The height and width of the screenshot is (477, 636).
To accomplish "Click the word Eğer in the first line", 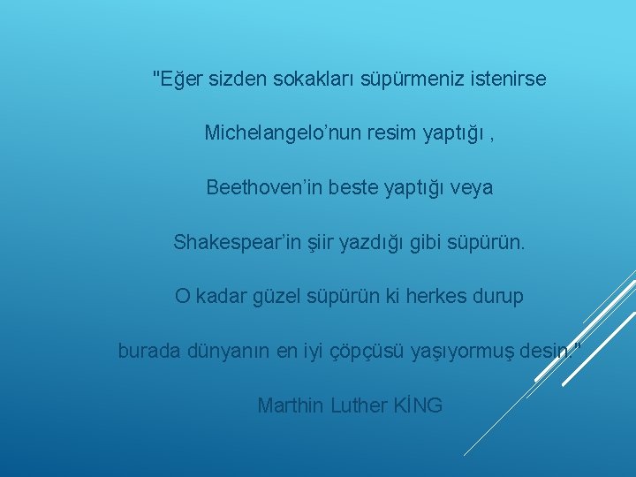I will tap(180, 79).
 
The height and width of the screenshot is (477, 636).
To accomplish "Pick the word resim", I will tap(367, 133).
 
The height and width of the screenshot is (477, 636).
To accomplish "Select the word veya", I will tap(471, 189).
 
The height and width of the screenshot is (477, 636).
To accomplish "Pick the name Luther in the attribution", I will tap(359, 405).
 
